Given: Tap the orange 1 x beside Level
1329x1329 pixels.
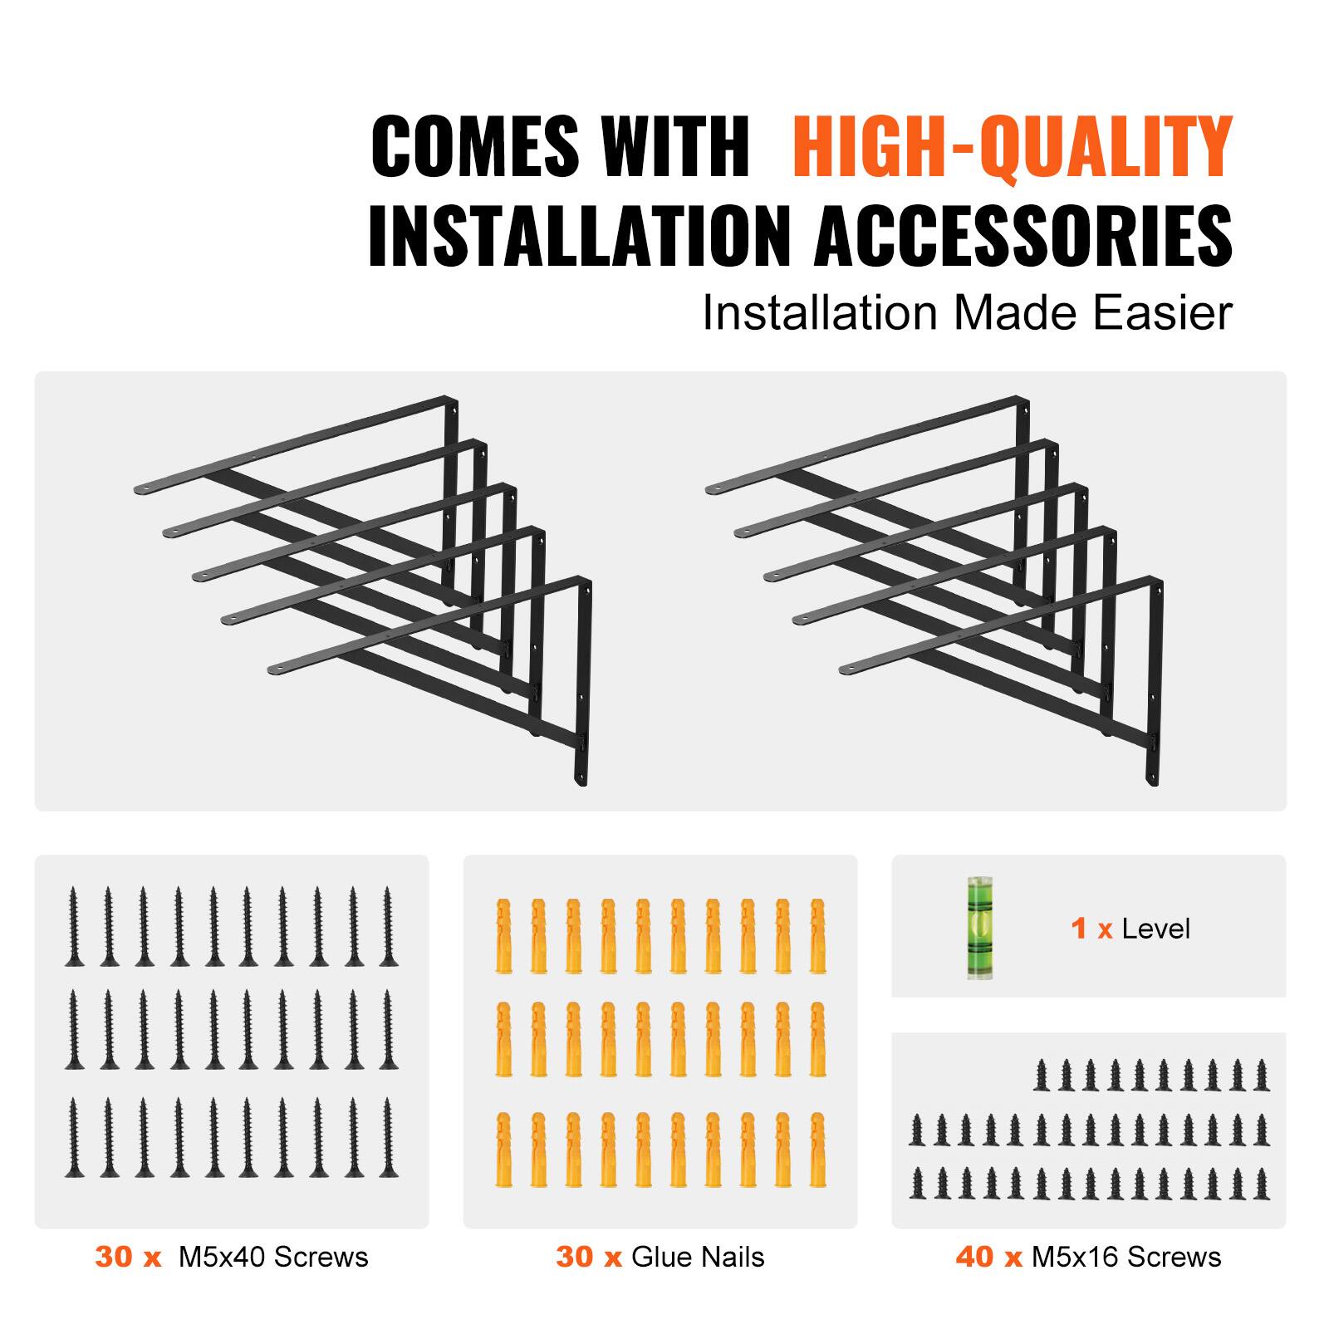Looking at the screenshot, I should click(x=1091, y=929).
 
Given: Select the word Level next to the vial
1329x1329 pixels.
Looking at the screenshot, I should click(x=1155, y=929).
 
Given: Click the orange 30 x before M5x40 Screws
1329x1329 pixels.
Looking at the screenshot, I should click(x=128, y=1257).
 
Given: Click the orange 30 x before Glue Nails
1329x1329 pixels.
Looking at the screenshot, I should click(x=589, y=1257).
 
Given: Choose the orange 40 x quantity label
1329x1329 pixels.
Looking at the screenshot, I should click(x=988, y=1257).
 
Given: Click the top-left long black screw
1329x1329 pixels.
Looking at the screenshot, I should click(x=74, y=926).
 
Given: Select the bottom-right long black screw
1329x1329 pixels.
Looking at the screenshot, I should click(x=388, y=1138).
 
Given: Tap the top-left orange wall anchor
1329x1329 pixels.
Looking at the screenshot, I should click(x=503, y=934).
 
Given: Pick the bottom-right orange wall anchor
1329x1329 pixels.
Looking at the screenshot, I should click(x=817, y=1150).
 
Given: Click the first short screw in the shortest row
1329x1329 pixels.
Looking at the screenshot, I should click(x=1042, y=1075).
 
